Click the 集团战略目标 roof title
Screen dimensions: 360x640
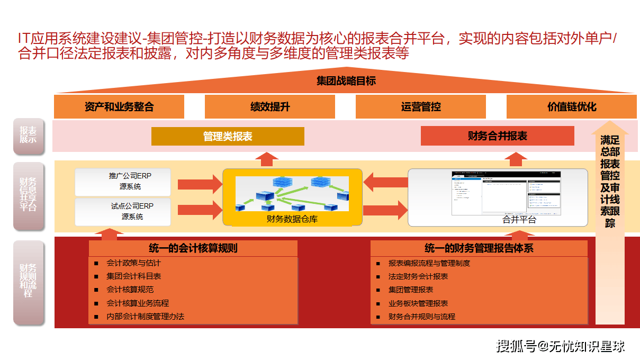tap(346, 81)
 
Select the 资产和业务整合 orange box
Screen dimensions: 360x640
tap(119, 107)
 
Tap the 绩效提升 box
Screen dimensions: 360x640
tap(270, 107)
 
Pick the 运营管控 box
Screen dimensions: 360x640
tap(421, 107)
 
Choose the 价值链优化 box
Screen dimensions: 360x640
tap(572, 107)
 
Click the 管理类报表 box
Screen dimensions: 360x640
tap(228, 136)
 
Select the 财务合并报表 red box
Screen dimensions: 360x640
tap(497, 136)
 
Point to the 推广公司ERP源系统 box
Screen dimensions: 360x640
tap(123, 182)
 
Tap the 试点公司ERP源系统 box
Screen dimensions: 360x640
tap(123, 211)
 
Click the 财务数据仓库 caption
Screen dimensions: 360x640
tap(292, 219)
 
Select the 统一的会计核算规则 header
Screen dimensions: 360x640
tap(193, 248)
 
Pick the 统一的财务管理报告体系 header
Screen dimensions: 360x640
tap(479, 248)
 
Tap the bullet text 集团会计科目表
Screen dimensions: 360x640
tap(134, 276)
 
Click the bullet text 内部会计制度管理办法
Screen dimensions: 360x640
tap(145, 317)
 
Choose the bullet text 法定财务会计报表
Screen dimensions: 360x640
tap(418, 276)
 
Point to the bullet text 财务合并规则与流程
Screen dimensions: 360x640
tap(422, 317)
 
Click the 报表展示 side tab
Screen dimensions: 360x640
tap(29, 136)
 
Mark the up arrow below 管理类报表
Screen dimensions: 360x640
tap(269, 159)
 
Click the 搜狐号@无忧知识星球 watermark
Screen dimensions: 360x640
tap(561, 346)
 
